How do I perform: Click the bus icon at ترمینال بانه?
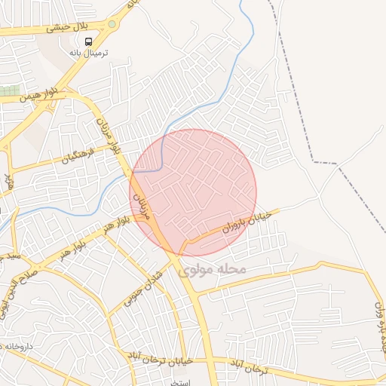tap(89, 41)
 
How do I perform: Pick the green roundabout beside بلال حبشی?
tap(113, 23)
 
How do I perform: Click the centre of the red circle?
tap(194, 192)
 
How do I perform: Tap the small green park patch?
tap(9, 90)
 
